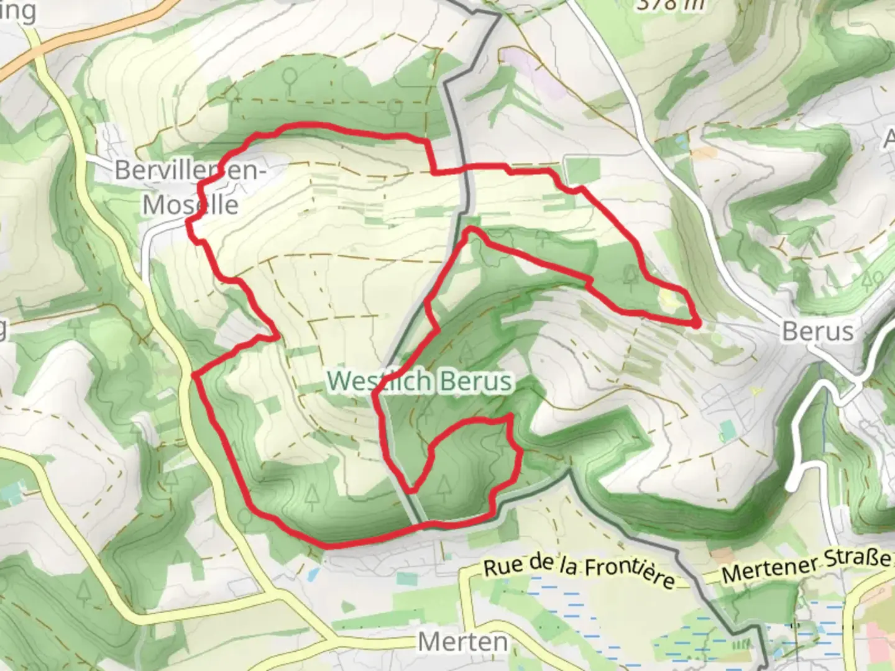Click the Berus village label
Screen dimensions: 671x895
(817, 332)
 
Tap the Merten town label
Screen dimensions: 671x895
(462, 641)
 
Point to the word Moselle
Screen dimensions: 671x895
(191, 204)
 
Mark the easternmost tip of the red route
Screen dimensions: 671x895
(699, 323)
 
